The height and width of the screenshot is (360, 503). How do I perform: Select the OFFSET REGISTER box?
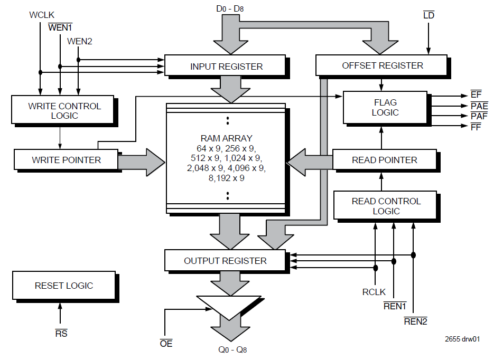[381, 65]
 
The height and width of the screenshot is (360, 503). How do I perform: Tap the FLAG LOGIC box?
[385, 108]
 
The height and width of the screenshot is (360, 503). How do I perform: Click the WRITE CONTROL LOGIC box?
[63, 111]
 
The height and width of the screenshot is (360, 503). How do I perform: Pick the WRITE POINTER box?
[66, 159]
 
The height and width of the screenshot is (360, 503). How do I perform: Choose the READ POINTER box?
[385, 159]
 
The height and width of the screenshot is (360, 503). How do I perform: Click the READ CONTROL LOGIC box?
[386, 206]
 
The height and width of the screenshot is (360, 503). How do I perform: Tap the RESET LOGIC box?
[63, 286]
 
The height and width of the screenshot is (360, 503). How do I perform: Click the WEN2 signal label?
[80, 41]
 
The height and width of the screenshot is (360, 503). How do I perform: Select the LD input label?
[429, 15]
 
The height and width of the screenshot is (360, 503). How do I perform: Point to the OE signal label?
[166, 344]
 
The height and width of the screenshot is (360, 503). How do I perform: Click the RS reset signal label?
[61, 333]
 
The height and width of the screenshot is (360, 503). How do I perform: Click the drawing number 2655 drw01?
[462, 340]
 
